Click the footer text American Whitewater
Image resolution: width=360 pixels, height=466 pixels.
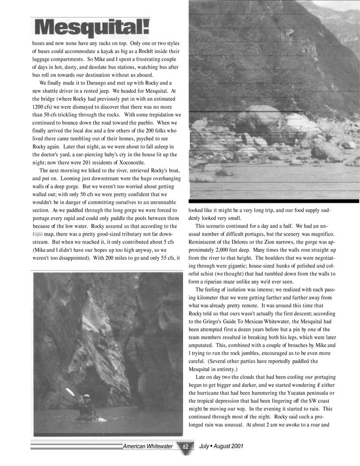148,446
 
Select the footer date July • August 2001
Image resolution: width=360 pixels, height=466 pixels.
221,446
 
